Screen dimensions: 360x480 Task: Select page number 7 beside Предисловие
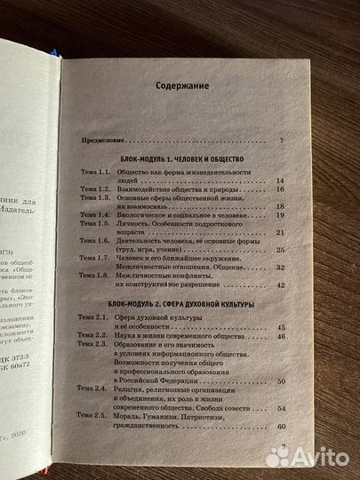click(281, 141)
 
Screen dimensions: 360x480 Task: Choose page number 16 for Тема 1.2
click(279, 189)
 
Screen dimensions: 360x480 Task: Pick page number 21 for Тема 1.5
click(280, 232)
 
